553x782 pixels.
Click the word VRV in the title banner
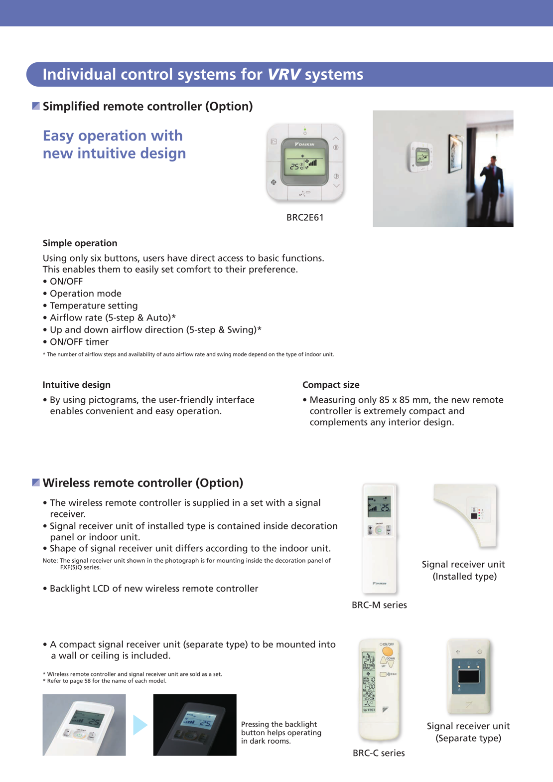pyautogui.click(x=284, y=74)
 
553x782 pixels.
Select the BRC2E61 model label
pyautogui.click(x=305, y=217)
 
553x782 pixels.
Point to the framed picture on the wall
pyautogui.click(x=455, y=154)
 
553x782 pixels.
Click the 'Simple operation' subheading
pyautogui.click(x=80, y=243)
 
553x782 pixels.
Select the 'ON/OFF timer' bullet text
pyautogui.click(x=79, y=342)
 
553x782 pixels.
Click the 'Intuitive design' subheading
pyautogui.click(x=76, y=385)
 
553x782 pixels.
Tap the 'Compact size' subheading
pyautogui.click(x=331, y=385)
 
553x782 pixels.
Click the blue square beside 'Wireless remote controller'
pyautogui.click(x=36, y=482)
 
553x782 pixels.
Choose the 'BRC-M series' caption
pyautogui.click(x=379, y=605)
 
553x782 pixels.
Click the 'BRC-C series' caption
pyautogui.click(x=379, y=753)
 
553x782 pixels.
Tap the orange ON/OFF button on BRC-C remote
pyautogui.click(x=387, y=652)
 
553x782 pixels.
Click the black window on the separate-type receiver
pyautogui.click(x=469, y=676)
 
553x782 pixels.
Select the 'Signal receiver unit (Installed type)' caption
pyautogui.click(x=463, y=570)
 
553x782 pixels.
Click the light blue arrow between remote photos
pyautogui.click(x=140, y=725)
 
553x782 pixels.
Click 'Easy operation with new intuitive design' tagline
pyautogui.click(x=114, y=145)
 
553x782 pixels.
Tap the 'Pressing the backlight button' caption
pyautogui.click(x=281, y=733)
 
